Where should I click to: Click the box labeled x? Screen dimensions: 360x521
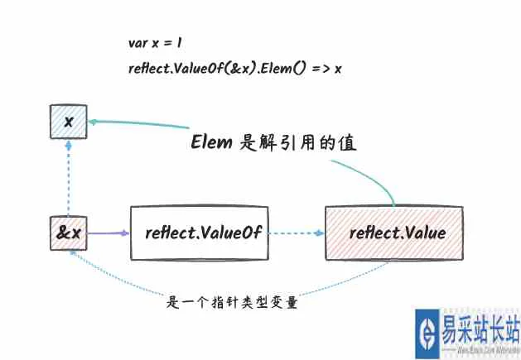click(69, 122)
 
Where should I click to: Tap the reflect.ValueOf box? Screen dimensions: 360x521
click(199, 233)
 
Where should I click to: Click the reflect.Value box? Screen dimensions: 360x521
click(397, 233)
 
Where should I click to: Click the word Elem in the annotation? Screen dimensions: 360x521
click(213, 142)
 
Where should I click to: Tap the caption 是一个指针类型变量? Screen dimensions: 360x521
click(233, 303)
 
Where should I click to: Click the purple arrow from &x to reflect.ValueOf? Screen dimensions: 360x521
click(108, 233)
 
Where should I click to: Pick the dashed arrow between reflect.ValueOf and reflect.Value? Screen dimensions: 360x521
click(295, 233)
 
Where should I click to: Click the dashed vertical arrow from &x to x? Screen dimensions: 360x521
click(69, 178)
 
